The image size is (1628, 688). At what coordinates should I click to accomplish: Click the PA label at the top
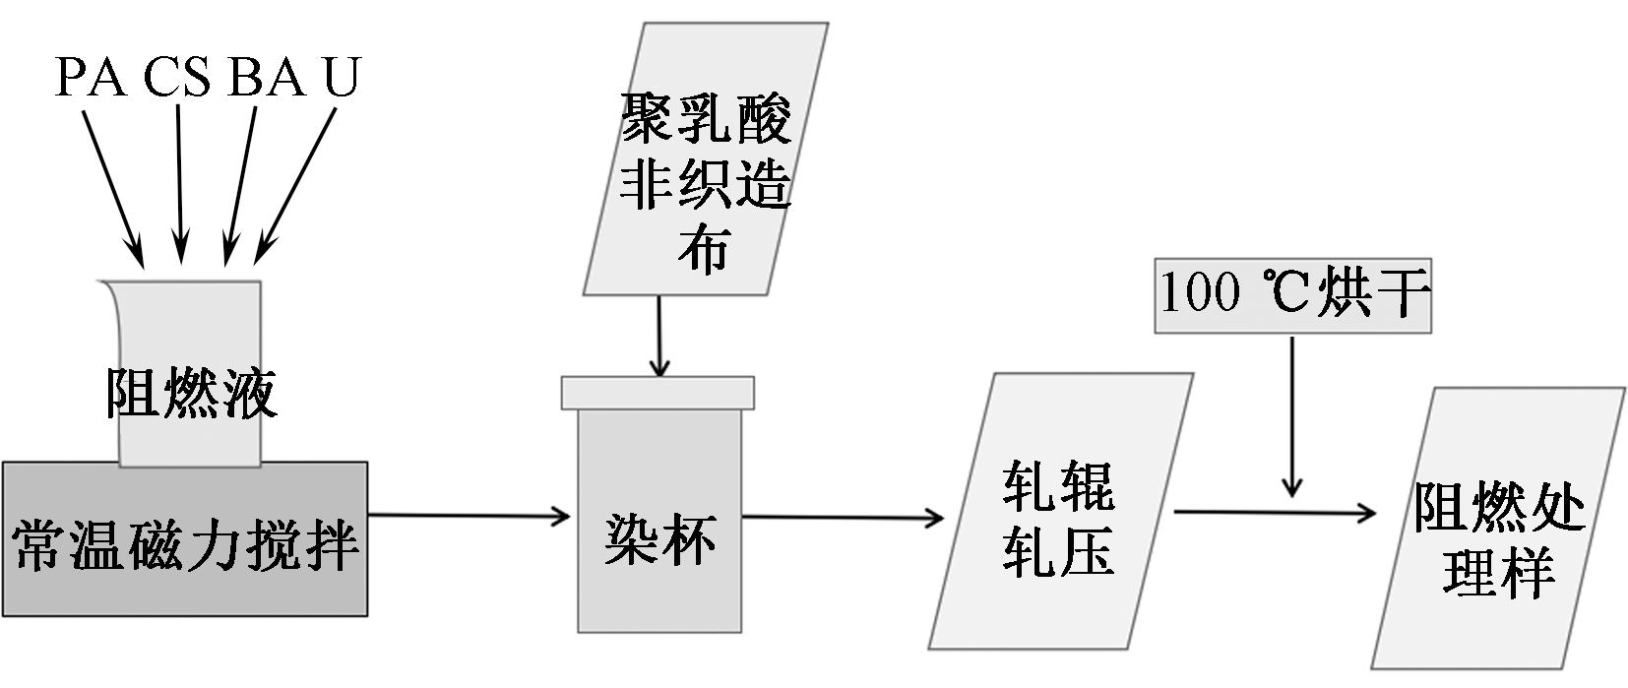[x=91, y=77]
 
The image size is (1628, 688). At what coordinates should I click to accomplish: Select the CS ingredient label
[x=177, y=77]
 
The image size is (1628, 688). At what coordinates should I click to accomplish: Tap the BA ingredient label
[x=266, y=77]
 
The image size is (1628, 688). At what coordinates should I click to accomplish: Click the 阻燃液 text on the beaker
[x=190, y=394]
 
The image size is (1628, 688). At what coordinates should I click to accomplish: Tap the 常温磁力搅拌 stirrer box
[x=185, y=539]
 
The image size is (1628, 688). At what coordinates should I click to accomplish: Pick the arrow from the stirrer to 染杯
[x=469, y=515]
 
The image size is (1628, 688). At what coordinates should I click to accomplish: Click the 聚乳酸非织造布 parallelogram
[x=706, y=157]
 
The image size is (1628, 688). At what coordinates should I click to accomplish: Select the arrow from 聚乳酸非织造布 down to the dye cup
[x=659, y=335]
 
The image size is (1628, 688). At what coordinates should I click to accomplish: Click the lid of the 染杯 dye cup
[x=657, y=392]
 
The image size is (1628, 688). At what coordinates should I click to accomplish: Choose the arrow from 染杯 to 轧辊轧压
[x=843, y=517]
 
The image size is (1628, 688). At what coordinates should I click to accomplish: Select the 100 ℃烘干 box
[x=1292, y=294]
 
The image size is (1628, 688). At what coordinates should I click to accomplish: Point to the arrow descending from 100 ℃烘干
[x=1292, y=413]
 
